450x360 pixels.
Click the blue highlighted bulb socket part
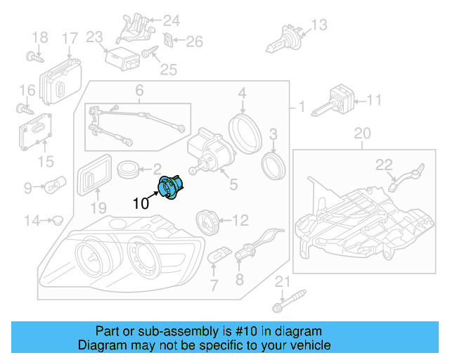coord(170,188)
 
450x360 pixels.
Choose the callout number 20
coord(361,133)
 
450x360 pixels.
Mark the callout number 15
coord(45,162)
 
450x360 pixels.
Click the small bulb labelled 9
coord(55,187)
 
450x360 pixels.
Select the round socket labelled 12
coord(206,220)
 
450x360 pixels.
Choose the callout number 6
coord(139,90)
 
